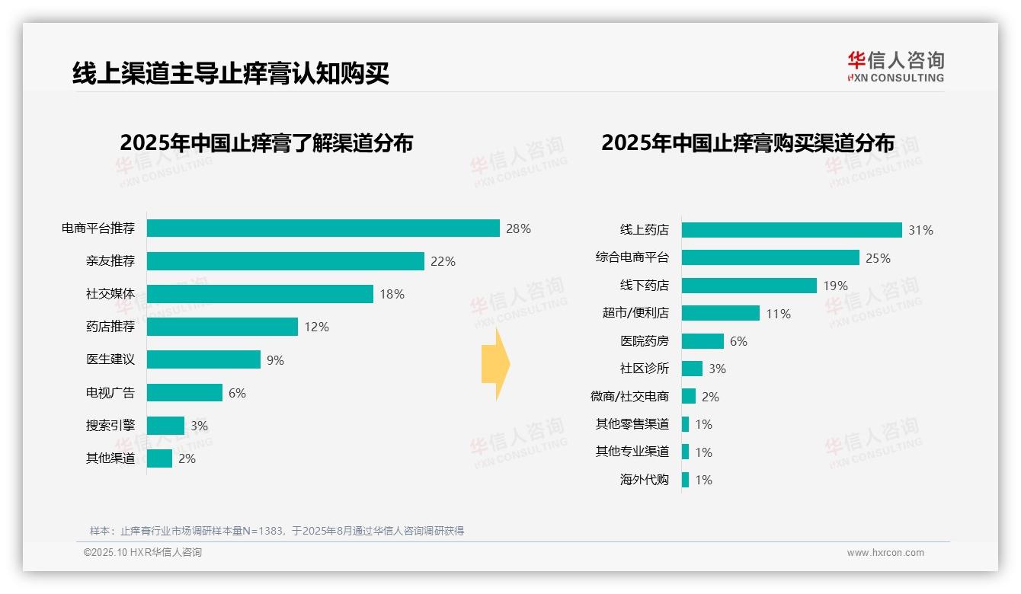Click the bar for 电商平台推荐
323,228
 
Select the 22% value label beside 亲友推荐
443,261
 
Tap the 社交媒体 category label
110,294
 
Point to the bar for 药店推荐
222,327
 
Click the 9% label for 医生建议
275,360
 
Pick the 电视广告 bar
184,393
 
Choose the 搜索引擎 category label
110,426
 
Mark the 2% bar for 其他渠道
159,458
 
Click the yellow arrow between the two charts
495,364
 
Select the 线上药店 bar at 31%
792,230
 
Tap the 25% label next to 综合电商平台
878,258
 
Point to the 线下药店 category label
644,286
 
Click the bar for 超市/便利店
720,313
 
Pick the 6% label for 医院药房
738,341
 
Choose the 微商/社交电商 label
629,397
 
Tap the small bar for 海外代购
685,480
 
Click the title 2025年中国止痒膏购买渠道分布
747,143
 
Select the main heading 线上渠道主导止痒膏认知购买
231,73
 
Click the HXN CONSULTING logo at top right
895,67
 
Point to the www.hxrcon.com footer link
885,553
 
